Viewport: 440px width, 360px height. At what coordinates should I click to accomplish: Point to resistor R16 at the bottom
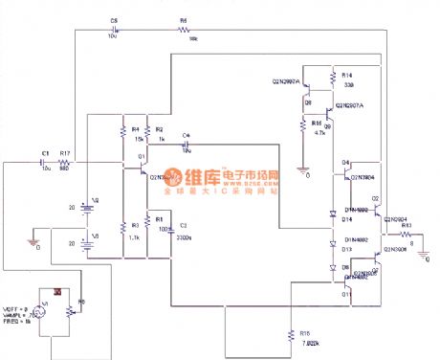(290, 334)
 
